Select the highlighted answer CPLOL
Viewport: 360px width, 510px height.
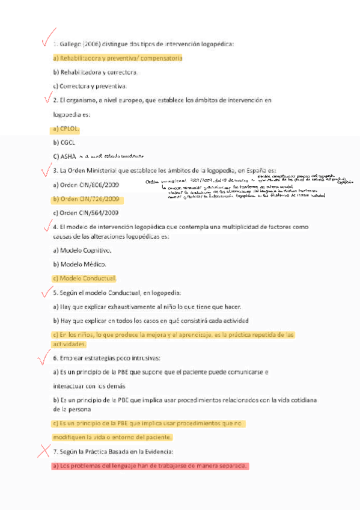pos(66,129)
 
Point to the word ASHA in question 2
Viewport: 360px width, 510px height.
pos(68,156)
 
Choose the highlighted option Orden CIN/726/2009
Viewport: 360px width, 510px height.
pos(86,199)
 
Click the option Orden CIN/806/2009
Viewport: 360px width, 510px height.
pos(86,185)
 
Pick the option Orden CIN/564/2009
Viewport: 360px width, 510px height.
pos(86,213)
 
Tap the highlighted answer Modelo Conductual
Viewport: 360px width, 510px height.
pos(84,278)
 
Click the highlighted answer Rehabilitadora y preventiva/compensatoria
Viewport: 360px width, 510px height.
pos(117,58)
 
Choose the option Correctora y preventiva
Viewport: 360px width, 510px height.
pos(90,86)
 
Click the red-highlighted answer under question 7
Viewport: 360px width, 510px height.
pos(150,466)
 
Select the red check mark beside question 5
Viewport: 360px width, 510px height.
pos(44,292)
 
